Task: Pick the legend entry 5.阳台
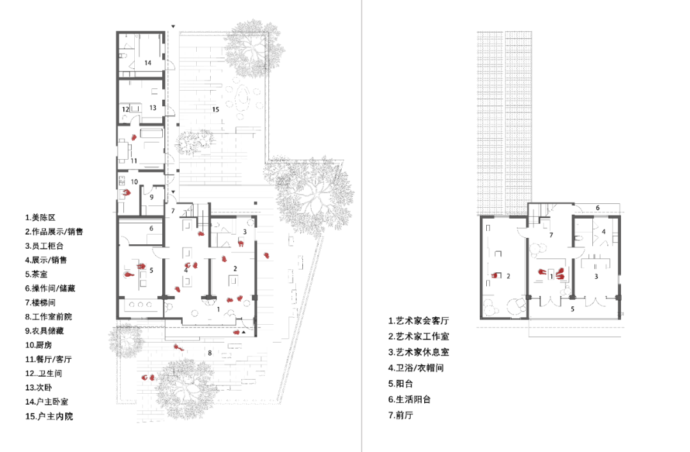401,384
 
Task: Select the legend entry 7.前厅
401,415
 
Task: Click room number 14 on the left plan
148,63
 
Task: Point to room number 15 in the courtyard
215,110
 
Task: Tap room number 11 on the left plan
134,160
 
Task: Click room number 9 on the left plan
151,198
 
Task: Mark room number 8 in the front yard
209,353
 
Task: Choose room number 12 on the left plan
126,109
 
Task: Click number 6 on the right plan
597,208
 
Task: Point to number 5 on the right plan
572,309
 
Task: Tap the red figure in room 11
134,137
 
